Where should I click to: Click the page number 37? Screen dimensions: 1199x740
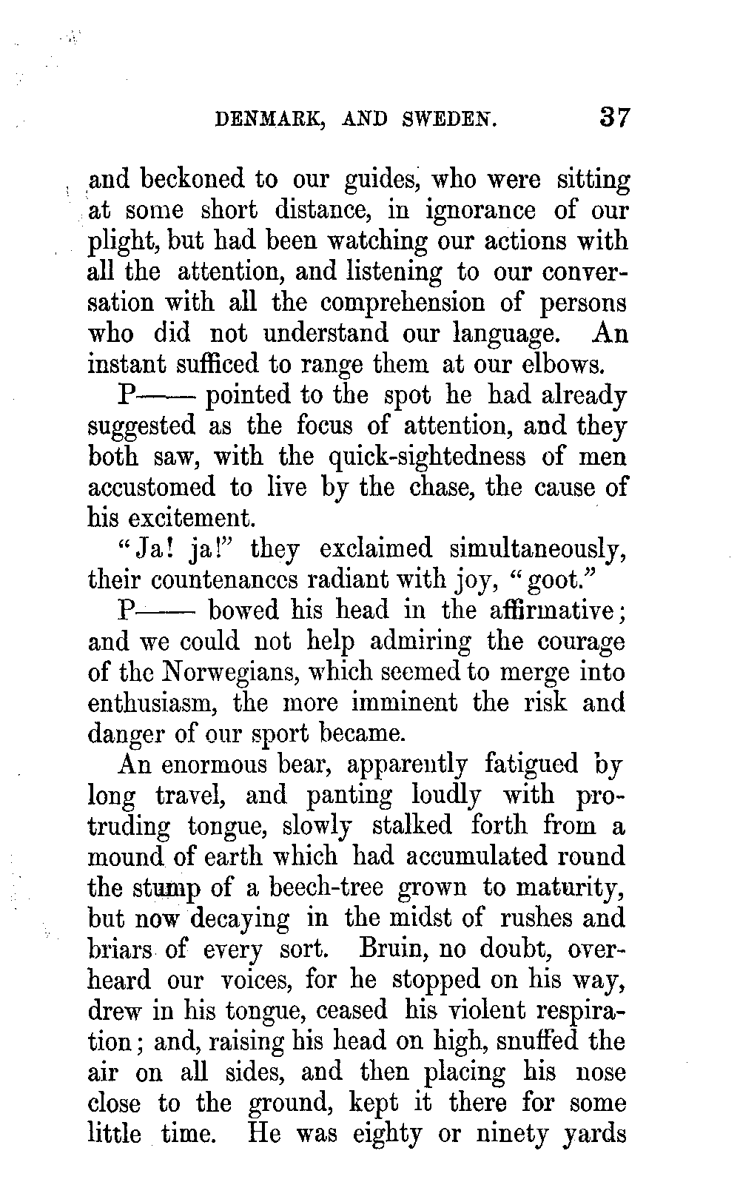coord(614,118)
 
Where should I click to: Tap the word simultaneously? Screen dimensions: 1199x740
coord(537,551)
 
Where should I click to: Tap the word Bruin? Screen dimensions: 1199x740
coord(394,949)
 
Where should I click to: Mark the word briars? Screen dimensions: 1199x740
coord(119,949)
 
